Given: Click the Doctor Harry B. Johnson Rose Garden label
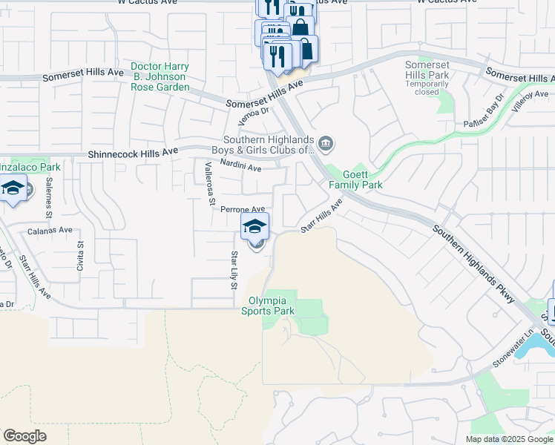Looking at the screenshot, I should pyautogui.click(x=160, y=76).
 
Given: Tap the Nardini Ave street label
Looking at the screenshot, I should pyautogui.click(x=241, y=168).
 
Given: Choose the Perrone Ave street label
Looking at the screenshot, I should pyautogui.click(x=243, y=210).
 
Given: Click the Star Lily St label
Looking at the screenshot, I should pyautogui.click(x=234, y=270).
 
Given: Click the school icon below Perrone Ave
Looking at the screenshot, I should pyautogui.click(x=254, y=226).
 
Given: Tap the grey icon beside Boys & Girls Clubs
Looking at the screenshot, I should pyautogui.click(x=325, y=142).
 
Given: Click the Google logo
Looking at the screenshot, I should pyautogui.click(x=24, y=436).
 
